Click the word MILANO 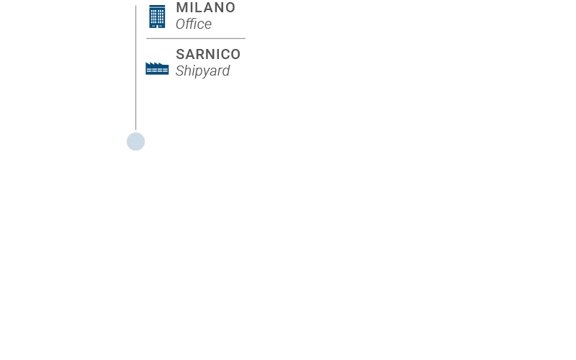[x=206, y=7]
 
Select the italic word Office [x=194, y=24]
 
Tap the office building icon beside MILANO [x=157, y=17]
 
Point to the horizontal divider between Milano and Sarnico [x=196, y=38]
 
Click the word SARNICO [x=208, y=55]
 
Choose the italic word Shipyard [x=203, y=71]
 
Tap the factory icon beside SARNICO [x=157, y=68]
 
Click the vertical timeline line [x=136, y=67]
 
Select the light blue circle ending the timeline [x=136, y=141]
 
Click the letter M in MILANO [x=182, y=7]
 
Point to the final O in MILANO [x=230, y=7]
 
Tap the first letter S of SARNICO [x=181, y=55]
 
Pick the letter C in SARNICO [x=225, y=55]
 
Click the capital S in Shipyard [x=180, y=71]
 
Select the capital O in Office [x=181, y=24]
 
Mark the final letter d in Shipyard [x=226, y=70]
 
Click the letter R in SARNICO [x=202, y=55]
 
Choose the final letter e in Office [x=208, y=26]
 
